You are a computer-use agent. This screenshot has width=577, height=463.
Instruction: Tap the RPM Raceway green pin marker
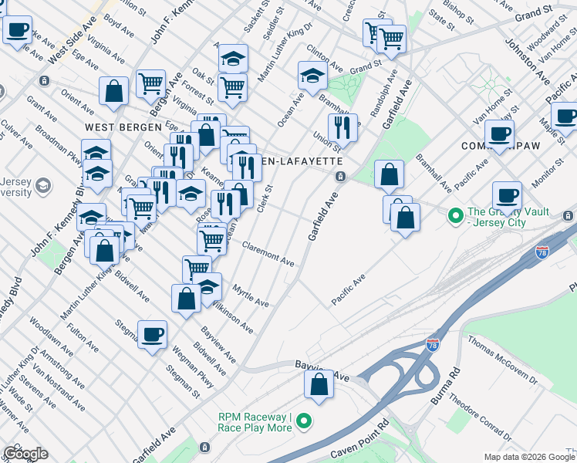click(305, 421)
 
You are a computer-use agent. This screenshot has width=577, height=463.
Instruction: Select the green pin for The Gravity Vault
click(455, 215)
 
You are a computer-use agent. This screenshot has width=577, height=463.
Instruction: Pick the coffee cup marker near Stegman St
click(152, 335)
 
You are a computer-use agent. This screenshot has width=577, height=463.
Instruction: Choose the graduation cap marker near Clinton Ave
click(312, 76)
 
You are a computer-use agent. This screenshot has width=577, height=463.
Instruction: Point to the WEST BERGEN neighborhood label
click(123, 127)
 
